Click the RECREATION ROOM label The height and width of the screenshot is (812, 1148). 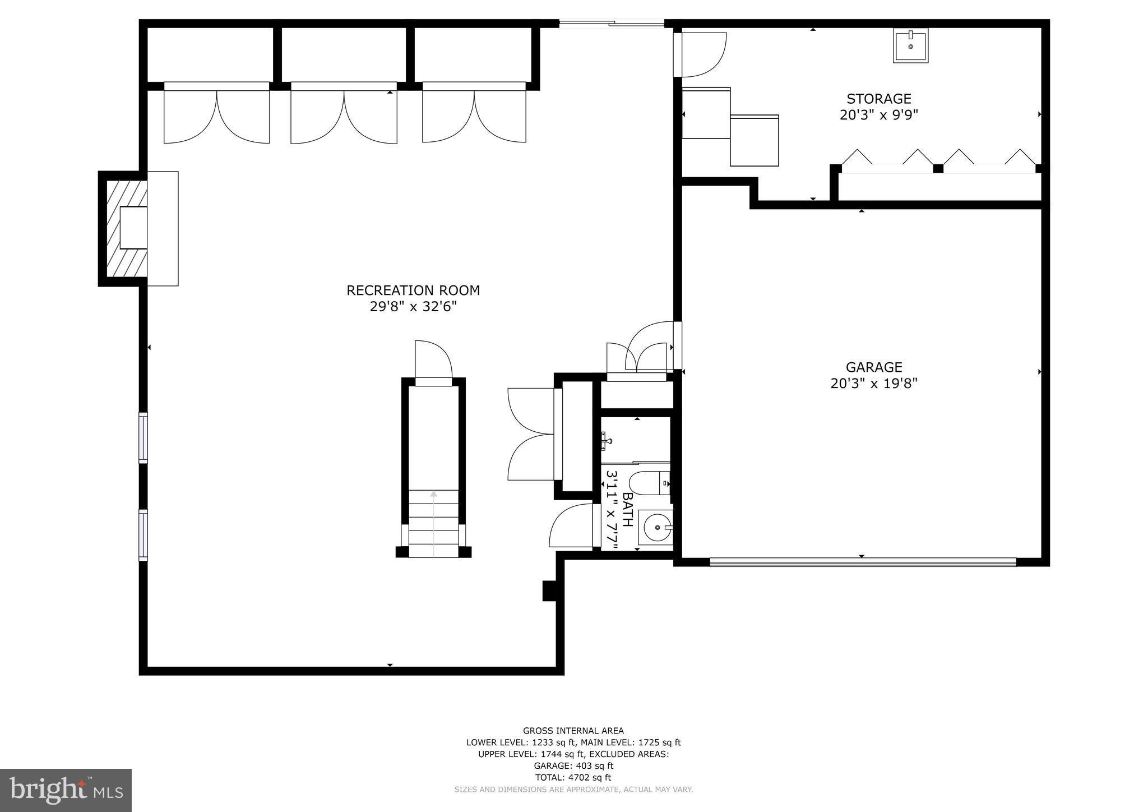(x=413, y=290)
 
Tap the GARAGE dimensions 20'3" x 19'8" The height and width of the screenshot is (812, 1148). (x=873, y=384)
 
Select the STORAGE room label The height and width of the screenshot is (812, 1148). (x=878, y=99)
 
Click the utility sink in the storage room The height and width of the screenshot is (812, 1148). (x=910, y=46)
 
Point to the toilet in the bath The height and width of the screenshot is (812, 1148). (x=648, y=483)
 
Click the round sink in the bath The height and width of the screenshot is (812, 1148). (x=656, y=527)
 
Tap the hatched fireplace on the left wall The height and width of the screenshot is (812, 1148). (x=124, y=228)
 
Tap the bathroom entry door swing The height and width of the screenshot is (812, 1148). (x=572, y=526)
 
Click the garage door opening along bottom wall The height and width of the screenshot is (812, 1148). (x=862, y=562)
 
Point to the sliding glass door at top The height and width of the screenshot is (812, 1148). (x=611, y=24)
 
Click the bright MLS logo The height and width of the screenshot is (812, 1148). (x=66, y=790)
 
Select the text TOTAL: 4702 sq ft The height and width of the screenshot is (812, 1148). (x=573, y=777)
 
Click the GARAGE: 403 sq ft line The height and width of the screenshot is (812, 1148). (x=573, y=765)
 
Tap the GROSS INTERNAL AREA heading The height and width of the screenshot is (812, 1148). (x=573, y=731)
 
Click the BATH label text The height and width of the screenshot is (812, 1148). (x=628, y=510)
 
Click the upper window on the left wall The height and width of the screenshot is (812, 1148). (x=143, y=437)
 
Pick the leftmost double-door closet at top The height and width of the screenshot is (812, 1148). (x=216, y=115)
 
